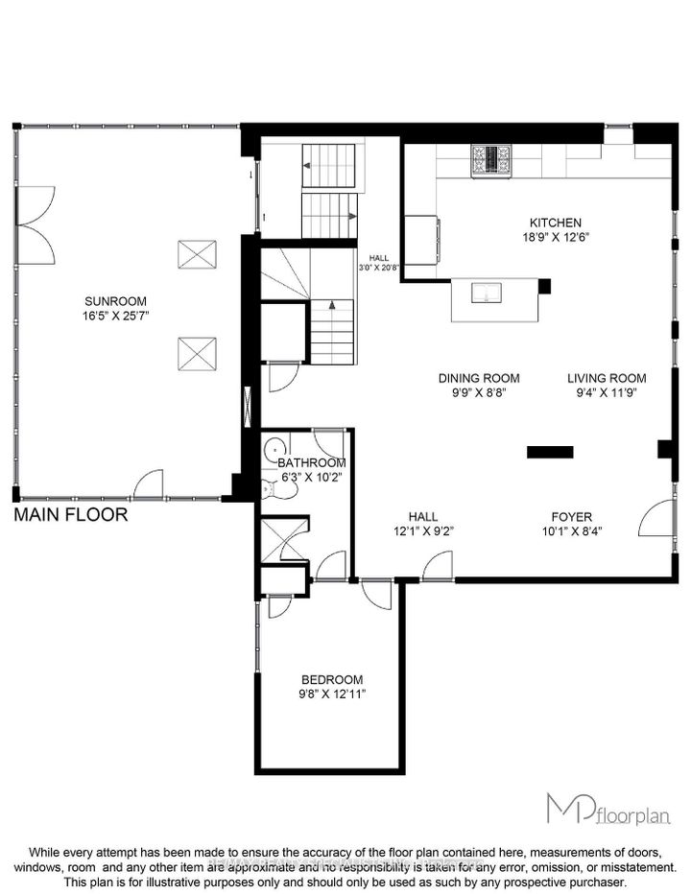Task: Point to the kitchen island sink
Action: coord(488,294)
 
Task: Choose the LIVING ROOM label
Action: coord(606,378)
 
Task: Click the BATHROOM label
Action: coord(312,462)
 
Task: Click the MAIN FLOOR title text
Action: coord(71,515)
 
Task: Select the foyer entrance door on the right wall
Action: coord(658,518)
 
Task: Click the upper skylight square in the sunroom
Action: coord(197,255)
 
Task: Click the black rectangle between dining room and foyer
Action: coord(550,451)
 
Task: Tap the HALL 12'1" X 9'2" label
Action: coord(423,522)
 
